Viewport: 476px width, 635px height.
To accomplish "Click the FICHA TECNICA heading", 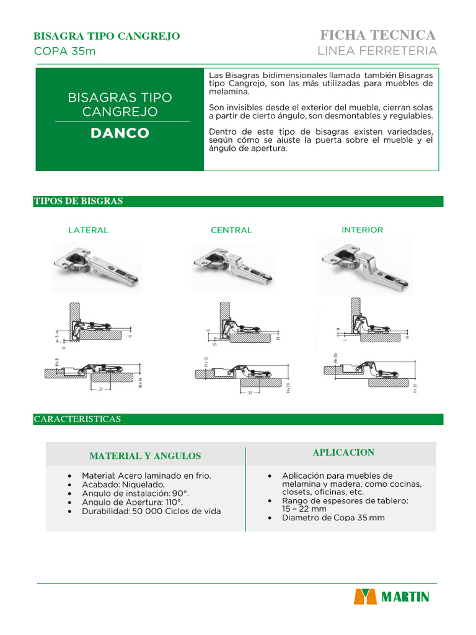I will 377,35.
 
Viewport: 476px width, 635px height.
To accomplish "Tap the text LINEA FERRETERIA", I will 377,50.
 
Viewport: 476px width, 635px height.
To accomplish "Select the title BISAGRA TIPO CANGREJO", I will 106,36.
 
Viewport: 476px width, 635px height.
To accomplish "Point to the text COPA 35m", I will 64,51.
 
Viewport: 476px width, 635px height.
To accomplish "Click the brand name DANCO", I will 120,133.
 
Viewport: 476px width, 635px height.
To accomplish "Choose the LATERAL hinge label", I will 88,230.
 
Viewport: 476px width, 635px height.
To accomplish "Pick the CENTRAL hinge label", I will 231,230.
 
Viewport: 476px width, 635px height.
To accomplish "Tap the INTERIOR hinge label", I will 363,229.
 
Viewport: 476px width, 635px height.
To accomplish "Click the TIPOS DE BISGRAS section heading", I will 78,201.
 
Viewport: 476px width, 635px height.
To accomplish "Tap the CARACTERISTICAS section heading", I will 77,419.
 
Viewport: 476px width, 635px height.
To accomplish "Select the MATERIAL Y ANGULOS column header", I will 145,456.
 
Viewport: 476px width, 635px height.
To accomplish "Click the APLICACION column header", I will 343,452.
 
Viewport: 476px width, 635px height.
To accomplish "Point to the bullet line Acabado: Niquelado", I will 123,484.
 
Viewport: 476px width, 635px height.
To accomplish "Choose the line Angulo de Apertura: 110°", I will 133,502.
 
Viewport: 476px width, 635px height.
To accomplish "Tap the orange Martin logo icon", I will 365,597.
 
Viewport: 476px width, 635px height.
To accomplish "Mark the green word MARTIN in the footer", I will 405,597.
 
